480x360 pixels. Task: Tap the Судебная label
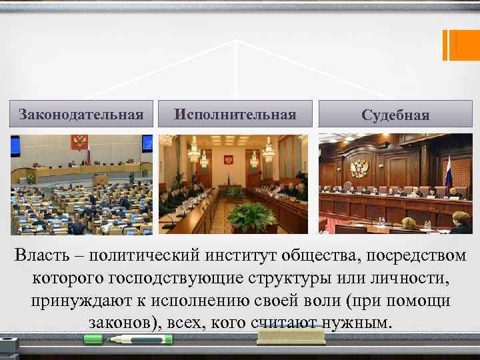395,115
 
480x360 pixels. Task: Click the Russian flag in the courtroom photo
448,171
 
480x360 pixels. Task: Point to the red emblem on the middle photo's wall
228,160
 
